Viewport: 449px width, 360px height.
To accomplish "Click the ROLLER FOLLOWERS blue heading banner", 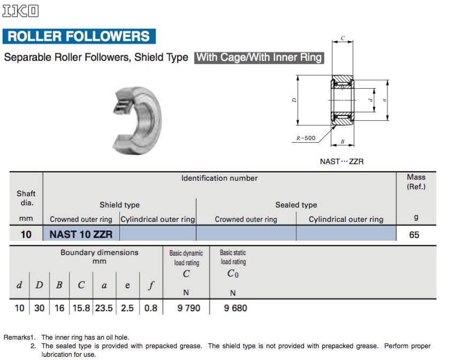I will [79, 36].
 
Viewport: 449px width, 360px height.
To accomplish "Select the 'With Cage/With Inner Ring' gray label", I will [260, 57].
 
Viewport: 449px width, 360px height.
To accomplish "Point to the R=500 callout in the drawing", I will [306, 138].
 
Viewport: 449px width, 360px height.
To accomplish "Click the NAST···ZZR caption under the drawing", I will [341, 161].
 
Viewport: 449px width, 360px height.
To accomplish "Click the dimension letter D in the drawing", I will [294, 100].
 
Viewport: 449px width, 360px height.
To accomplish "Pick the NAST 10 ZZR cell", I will [81, 234].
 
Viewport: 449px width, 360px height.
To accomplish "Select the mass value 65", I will [414, 234].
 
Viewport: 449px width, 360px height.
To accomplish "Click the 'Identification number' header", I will [219, 178].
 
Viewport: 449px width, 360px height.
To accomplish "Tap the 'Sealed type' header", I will [296, 205].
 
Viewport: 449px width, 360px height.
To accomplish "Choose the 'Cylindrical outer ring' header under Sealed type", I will [346, 219].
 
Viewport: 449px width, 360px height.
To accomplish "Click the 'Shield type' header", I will [119, 205].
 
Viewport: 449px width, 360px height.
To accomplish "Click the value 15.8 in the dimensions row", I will [81, 308].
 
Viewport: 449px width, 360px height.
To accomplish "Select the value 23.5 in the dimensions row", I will [104, 308].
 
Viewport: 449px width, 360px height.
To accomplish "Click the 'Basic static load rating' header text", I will [233, 257].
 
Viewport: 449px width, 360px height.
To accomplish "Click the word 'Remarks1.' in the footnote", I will [19, 338].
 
